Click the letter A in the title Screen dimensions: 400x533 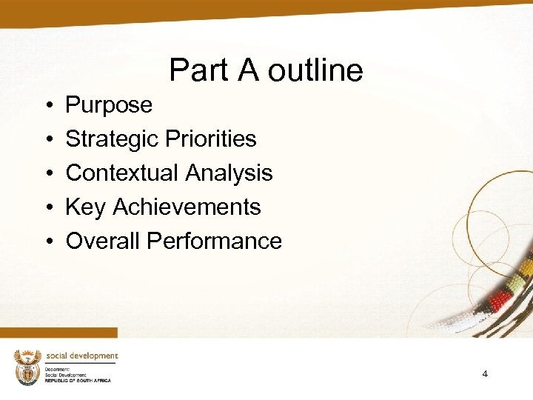click(x=247, y=71)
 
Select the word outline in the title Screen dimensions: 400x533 click(x=315, y=71)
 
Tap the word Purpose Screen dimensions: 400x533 click(x=109, y=105)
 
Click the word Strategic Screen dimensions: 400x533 click(x=113, y=139)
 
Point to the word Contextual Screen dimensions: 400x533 click(x=122, y=173)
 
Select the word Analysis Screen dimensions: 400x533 click(x=229, y=173)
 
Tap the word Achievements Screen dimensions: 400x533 click(x=187, y=207)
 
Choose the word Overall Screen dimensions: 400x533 click(x=103, y=241)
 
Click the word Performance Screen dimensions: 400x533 click(x=214, y=241)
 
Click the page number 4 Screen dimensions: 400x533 click(x=485, y=374)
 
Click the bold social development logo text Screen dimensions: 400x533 click(x=81, y=356)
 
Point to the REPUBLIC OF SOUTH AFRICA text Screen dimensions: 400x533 click(x=77, y=380)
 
